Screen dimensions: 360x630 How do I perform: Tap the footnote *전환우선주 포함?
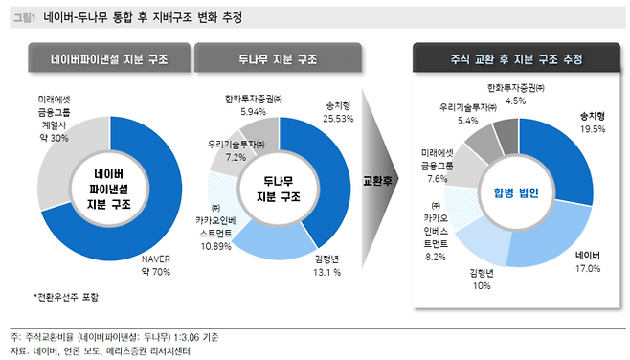pos(66,297)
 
